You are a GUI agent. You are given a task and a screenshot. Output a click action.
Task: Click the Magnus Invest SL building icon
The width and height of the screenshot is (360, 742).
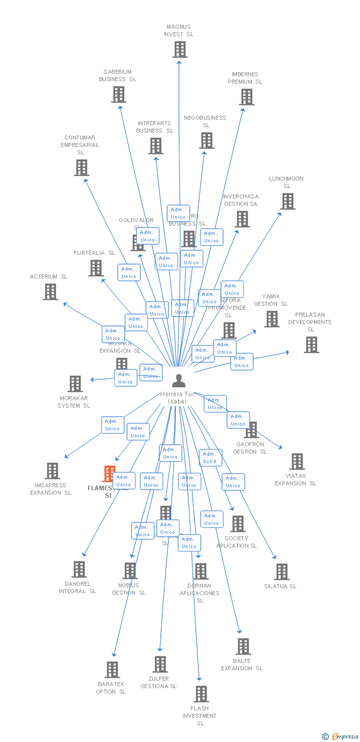(180, 49)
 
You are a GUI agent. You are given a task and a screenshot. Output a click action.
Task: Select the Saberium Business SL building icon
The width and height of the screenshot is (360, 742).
(119, 94)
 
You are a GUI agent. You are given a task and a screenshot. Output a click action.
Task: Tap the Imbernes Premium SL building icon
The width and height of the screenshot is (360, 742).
(247, 97)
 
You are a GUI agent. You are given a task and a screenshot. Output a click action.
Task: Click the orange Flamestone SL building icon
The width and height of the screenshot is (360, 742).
(108, 474)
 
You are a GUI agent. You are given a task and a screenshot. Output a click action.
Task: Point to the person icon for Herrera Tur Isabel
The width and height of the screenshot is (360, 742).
(179, 381)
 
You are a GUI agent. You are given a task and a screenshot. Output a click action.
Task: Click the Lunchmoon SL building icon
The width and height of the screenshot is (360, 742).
(288, 201)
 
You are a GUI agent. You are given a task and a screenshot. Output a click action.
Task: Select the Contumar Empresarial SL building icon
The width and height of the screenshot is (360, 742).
(82, 168)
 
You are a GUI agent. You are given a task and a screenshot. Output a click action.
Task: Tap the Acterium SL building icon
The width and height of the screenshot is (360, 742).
(50, 292)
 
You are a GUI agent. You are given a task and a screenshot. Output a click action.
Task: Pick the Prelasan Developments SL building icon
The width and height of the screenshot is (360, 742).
(312, 345)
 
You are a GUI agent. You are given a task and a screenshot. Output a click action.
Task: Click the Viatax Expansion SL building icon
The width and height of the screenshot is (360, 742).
(297, 462)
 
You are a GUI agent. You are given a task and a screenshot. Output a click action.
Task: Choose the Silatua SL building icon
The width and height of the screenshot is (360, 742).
(282, 572)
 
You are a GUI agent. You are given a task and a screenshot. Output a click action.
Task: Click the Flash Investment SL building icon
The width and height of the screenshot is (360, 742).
(201, 694)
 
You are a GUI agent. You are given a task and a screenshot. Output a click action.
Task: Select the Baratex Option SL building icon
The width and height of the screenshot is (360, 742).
(112, 670)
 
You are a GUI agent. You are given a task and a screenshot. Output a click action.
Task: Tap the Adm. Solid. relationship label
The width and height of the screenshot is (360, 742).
(210, 458)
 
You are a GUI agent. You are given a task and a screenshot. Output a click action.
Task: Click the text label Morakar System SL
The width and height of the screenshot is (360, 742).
(74, 402)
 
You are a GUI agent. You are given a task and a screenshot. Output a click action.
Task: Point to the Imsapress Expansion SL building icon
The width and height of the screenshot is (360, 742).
(52, 471)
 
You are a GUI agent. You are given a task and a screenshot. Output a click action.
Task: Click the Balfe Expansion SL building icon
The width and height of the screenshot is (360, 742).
(243, 647)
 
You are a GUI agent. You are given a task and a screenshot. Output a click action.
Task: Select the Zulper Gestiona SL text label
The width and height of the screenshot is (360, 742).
(158, 682)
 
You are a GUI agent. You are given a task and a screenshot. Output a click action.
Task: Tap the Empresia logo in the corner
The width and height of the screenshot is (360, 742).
(341, 736)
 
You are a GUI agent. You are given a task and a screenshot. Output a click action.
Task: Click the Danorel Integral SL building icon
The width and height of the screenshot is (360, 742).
(79, 569)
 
